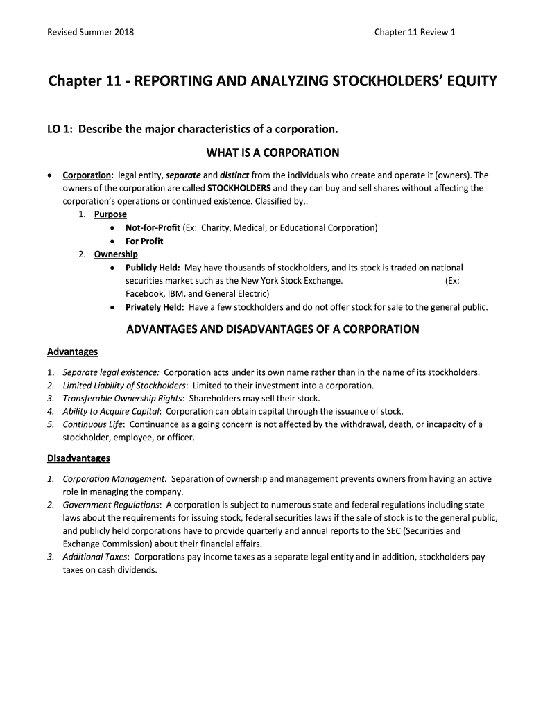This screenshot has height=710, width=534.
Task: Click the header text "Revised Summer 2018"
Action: pyautogui.click(x=90, y=32)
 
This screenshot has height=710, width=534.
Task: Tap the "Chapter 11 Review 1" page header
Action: pyautogui.click(x=415, y=32)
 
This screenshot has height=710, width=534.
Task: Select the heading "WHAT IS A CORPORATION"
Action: pyautogui.click(x=273, y=153)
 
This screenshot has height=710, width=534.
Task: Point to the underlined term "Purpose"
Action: pyautogui.click(x=110, y=214)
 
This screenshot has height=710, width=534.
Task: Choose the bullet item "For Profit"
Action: pyautogui.click(x=144, y=241)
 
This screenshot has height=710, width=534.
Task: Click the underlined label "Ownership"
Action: pyautogui.click(x=116, y=254)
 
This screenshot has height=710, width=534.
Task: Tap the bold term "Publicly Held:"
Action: pyautogui.click(x=153, y=268)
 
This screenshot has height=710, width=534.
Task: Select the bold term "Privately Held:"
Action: pyautogui.click(x=155, y=307)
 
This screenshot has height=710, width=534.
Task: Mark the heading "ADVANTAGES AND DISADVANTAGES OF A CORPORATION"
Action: pyautogui.click(x=273, y=329)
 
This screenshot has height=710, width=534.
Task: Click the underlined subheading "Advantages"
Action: pyautogui.click(x=72, y=352)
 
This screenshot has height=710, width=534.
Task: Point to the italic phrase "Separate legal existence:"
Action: pyautogui.click(x=111, y=372)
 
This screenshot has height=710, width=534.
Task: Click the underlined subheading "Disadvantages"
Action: pyautogui.click(x=78, y=458)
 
